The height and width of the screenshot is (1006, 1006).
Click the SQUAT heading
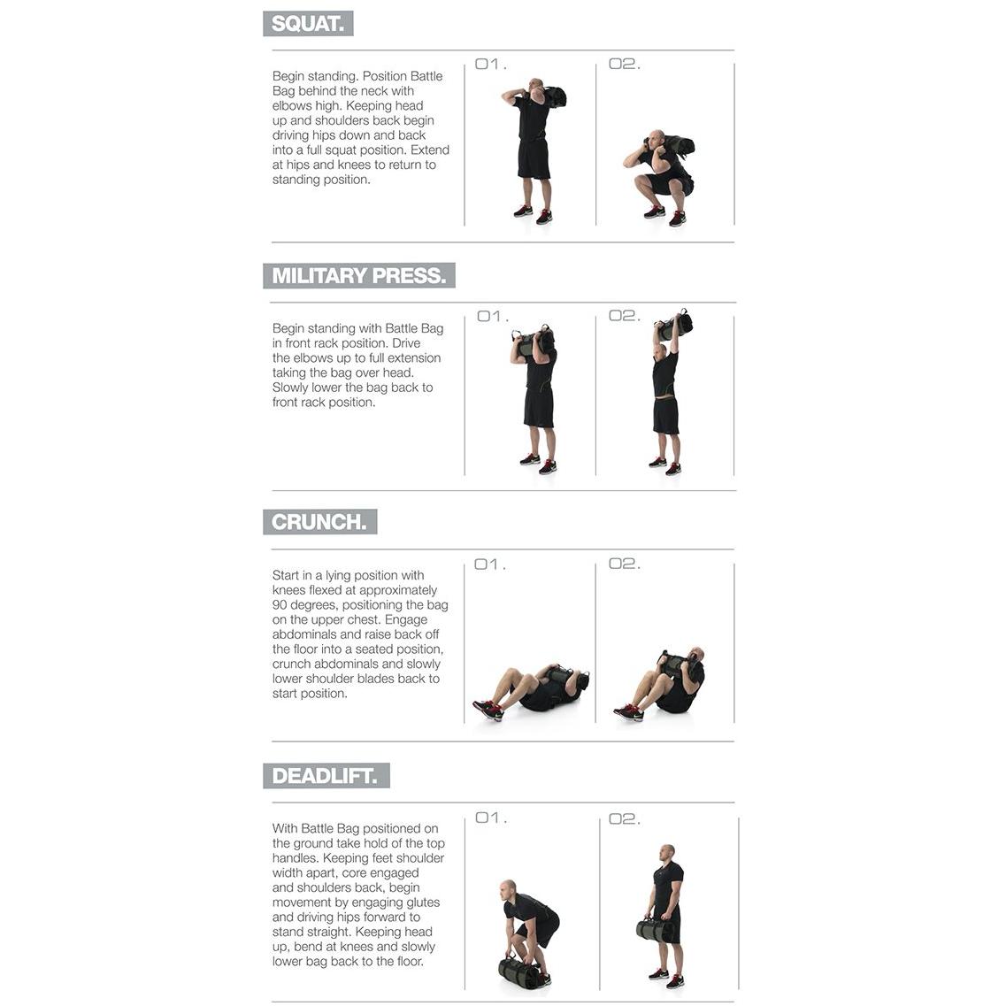pos(308,24)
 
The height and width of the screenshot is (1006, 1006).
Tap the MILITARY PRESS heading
pos(358,276)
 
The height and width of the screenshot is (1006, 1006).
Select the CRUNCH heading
pos(319,522)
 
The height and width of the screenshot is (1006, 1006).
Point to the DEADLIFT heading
pos(326,776)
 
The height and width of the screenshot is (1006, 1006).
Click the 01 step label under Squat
pos(491,65)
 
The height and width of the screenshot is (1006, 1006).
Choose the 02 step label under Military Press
pos(625,316)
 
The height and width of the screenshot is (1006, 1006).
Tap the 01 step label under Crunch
pos(490,564)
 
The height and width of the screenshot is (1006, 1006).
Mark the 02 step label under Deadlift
pos(625,819)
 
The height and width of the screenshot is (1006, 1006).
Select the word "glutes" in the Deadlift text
pos(419,902)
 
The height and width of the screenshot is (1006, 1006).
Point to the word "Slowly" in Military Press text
pos(290,388)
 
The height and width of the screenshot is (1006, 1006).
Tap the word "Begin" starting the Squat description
pos(288,77)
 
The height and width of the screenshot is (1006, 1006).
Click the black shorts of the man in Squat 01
pos(534,159)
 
